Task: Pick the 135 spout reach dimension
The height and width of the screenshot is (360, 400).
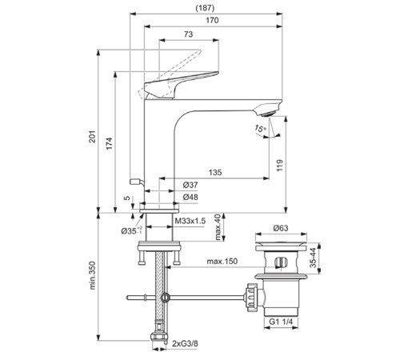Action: point(216,171)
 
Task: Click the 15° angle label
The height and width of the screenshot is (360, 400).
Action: point(260,128)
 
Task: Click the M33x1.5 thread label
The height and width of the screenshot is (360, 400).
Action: point(190,219)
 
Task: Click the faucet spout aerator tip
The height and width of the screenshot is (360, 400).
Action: point(270,113)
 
